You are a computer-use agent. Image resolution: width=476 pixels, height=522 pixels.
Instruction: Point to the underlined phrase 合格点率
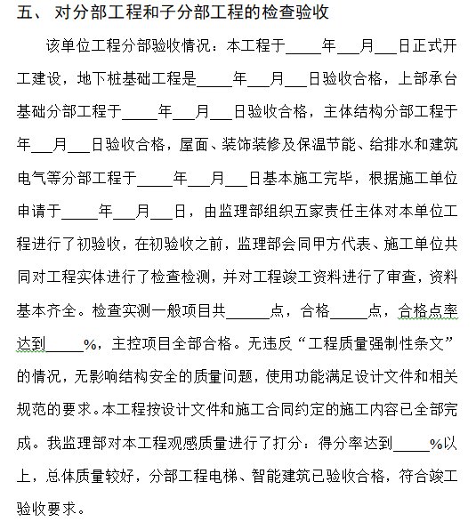(428, 310)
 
